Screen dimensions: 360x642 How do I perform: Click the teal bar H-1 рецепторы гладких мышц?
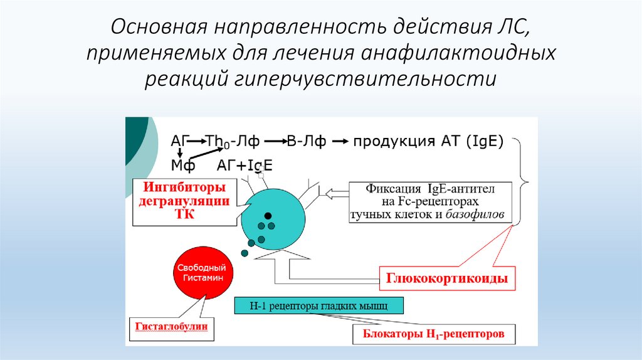[x=318, y=305]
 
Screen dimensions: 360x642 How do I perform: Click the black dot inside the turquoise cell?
[x=268, y=216]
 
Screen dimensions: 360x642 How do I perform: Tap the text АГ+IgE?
[x=245, y=166]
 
